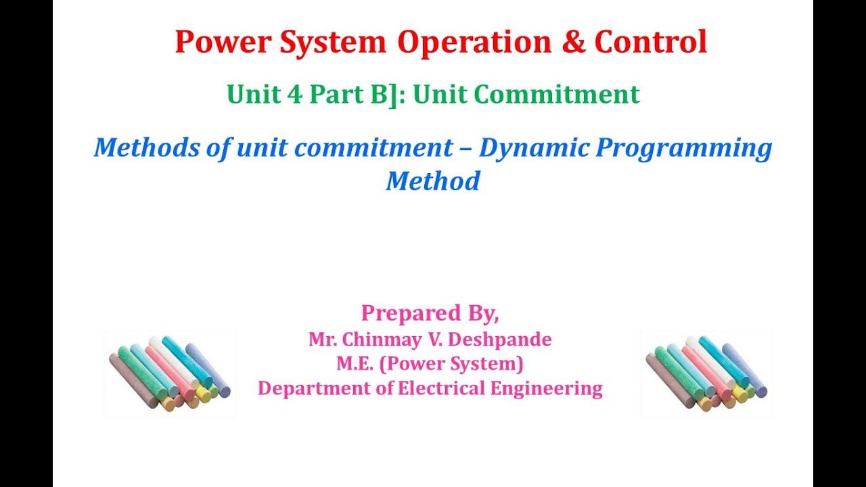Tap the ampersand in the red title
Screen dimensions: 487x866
(572, 42)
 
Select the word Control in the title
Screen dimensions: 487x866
(650, 42)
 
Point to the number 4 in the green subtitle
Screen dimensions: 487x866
(294, 95)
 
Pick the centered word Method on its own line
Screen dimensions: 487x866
(433, 181)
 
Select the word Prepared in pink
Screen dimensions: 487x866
(401, 313)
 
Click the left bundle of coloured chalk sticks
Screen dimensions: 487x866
(170, 373)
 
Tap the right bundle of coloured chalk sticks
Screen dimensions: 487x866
(706, 373)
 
